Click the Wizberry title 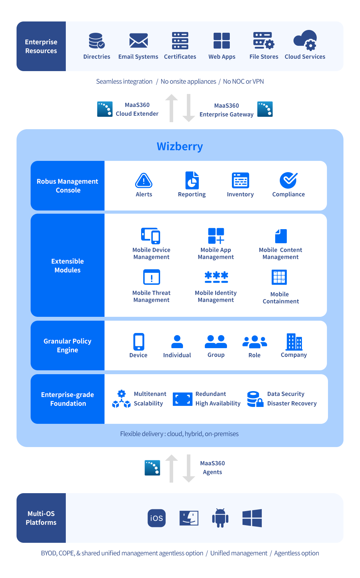click(x=180, y=146)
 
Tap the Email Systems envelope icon click(x=139, y=40)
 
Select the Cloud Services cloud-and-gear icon click(x=305, y=40)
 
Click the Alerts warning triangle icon click(x=144, y=180)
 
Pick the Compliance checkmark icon click(x=289, y=180)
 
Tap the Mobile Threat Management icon click(x=151, y=277)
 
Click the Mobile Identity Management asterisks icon click(x=216, y=277)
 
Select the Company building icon click(x=294, y=342)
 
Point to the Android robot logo click(x=220, y=518)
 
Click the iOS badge click(x=157, y=518)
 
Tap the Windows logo click(x=252, y=518)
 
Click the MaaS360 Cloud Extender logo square click(x=105, y=109)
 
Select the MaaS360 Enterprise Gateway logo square click(x=265, y=109)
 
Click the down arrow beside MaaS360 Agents click(x=189, y=468)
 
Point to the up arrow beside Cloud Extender click(x=171, y=108)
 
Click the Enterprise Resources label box click(x=41, y=46)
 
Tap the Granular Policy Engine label click(x=68, y=346)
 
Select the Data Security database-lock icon click(x=255, y=399)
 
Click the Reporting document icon click(x=192, y=180)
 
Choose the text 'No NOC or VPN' click(x=243, y=82)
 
